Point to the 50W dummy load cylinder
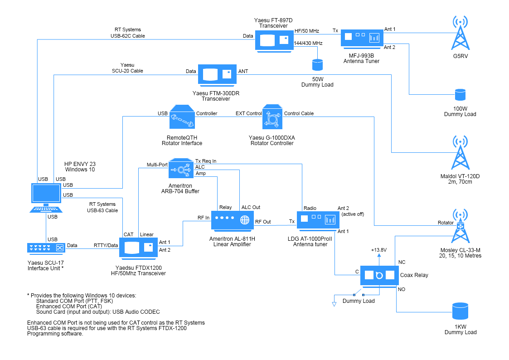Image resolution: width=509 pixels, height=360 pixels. point(317,64)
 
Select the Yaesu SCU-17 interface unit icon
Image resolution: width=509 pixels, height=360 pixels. point(46,248)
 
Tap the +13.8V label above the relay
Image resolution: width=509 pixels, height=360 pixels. point(378,250)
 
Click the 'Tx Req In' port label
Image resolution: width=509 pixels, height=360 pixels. point(206,161)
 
